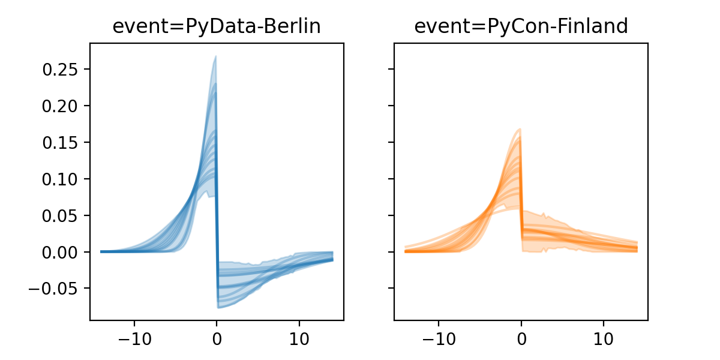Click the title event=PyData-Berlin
217,26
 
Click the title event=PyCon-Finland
521,26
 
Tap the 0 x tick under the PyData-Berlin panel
217,337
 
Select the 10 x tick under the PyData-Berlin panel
299,337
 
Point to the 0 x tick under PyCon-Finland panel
521,337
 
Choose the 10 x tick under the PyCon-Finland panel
604,337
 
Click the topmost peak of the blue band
215,56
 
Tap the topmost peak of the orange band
520,129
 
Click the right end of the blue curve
332,259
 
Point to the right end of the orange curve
637,248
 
